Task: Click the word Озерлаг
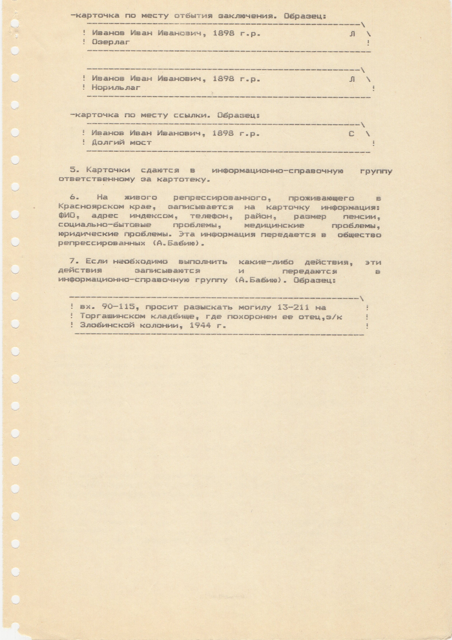pos(111,42)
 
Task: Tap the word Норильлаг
pos(116,88)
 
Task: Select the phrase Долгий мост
pos(122,143)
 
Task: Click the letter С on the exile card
pos(351,134)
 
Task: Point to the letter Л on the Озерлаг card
pos(352,34)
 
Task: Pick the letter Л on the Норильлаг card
pos(352,79)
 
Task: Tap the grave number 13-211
pos(293,307)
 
